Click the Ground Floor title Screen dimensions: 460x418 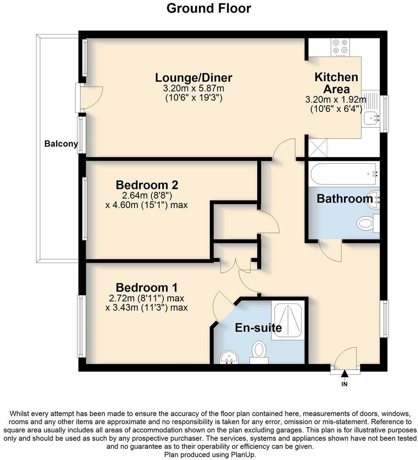[209, 8]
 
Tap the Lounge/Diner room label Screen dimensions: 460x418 [194, 78]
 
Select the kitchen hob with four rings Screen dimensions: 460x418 [341, 46]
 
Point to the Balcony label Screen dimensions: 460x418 [61, 144]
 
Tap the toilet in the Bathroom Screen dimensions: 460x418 [365, 224]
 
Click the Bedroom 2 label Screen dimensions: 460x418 [147, 184]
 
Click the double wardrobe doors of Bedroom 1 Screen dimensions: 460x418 [236, 267]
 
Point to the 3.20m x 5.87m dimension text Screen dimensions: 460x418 [194, 89]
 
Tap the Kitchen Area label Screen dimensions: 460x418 [336, 83]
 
